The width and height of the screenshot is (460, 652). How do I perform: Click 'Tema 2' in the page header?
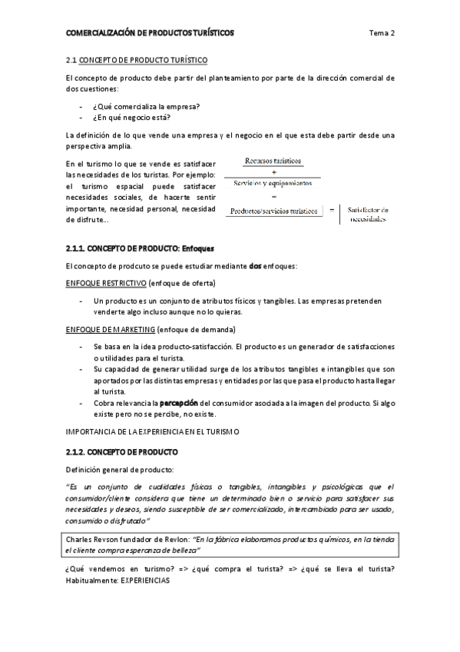[382, 33]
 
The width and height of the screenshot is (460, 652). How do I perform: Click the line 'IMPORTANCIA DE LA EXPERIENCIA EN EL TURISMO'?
[154, 432]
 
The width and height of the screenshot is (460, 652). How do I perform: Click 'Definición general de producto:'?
[120, 469]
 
